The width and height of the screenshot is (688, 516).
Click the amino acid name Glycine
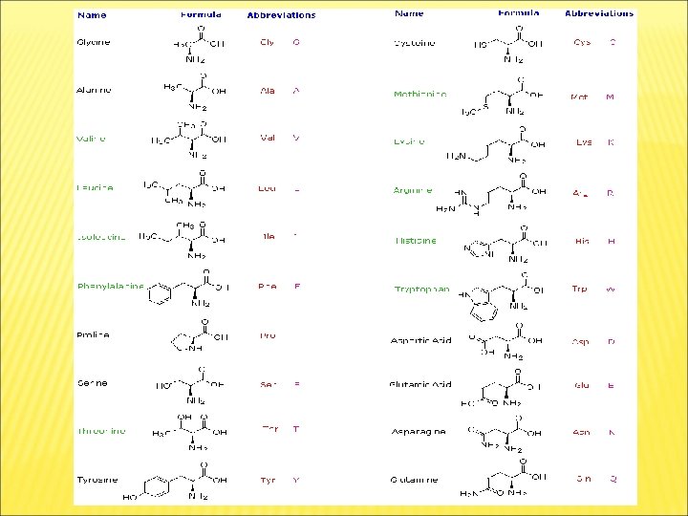[94, 42]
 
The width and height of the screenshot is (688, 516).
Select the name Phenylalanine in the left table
[111, 286]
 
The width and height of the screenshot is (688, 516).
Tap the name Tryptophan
[421, 290]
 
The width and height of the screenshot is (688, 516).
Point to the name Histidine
[416, 241]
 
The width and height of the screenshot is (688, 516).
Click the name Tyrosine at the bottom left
[96, 479]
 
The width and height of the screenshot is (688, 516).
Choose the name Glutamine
[415, 480]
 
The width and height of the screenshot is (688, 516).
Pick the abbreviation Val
[268, 138]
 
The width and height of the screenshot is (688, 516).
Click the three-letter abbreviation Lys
[583, 142]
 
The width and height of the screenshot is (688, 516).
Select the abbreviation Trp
[580, 289]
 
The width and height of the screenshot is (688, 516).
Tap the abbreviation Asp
[580, 341]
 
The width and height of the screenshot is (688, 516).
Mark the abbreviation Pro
[268, 335]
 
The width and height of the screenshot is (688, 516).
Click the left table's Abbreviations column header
[281, 15]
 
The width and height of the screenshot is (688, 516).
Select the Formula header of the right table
[518, 13]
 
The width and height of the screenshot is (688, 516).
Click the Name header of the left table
[92, 15]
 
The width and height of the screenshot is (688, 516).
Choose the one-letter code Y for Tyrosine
[296, 481]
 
